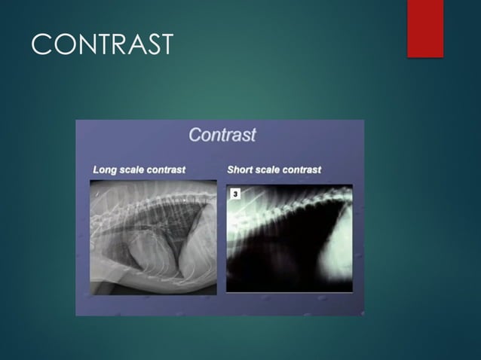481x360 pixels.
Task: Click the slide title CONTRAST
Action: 102,44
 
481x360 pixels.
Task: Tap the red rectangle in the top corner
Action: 425,28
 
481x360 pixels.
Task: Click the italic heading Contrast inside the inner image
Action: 222,136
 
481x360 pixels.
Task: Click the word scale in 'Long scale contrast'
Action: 131,169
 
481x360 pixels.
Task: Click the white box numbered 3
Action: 235,194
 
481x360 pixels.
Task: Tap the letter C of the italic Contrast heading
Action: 195,136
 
